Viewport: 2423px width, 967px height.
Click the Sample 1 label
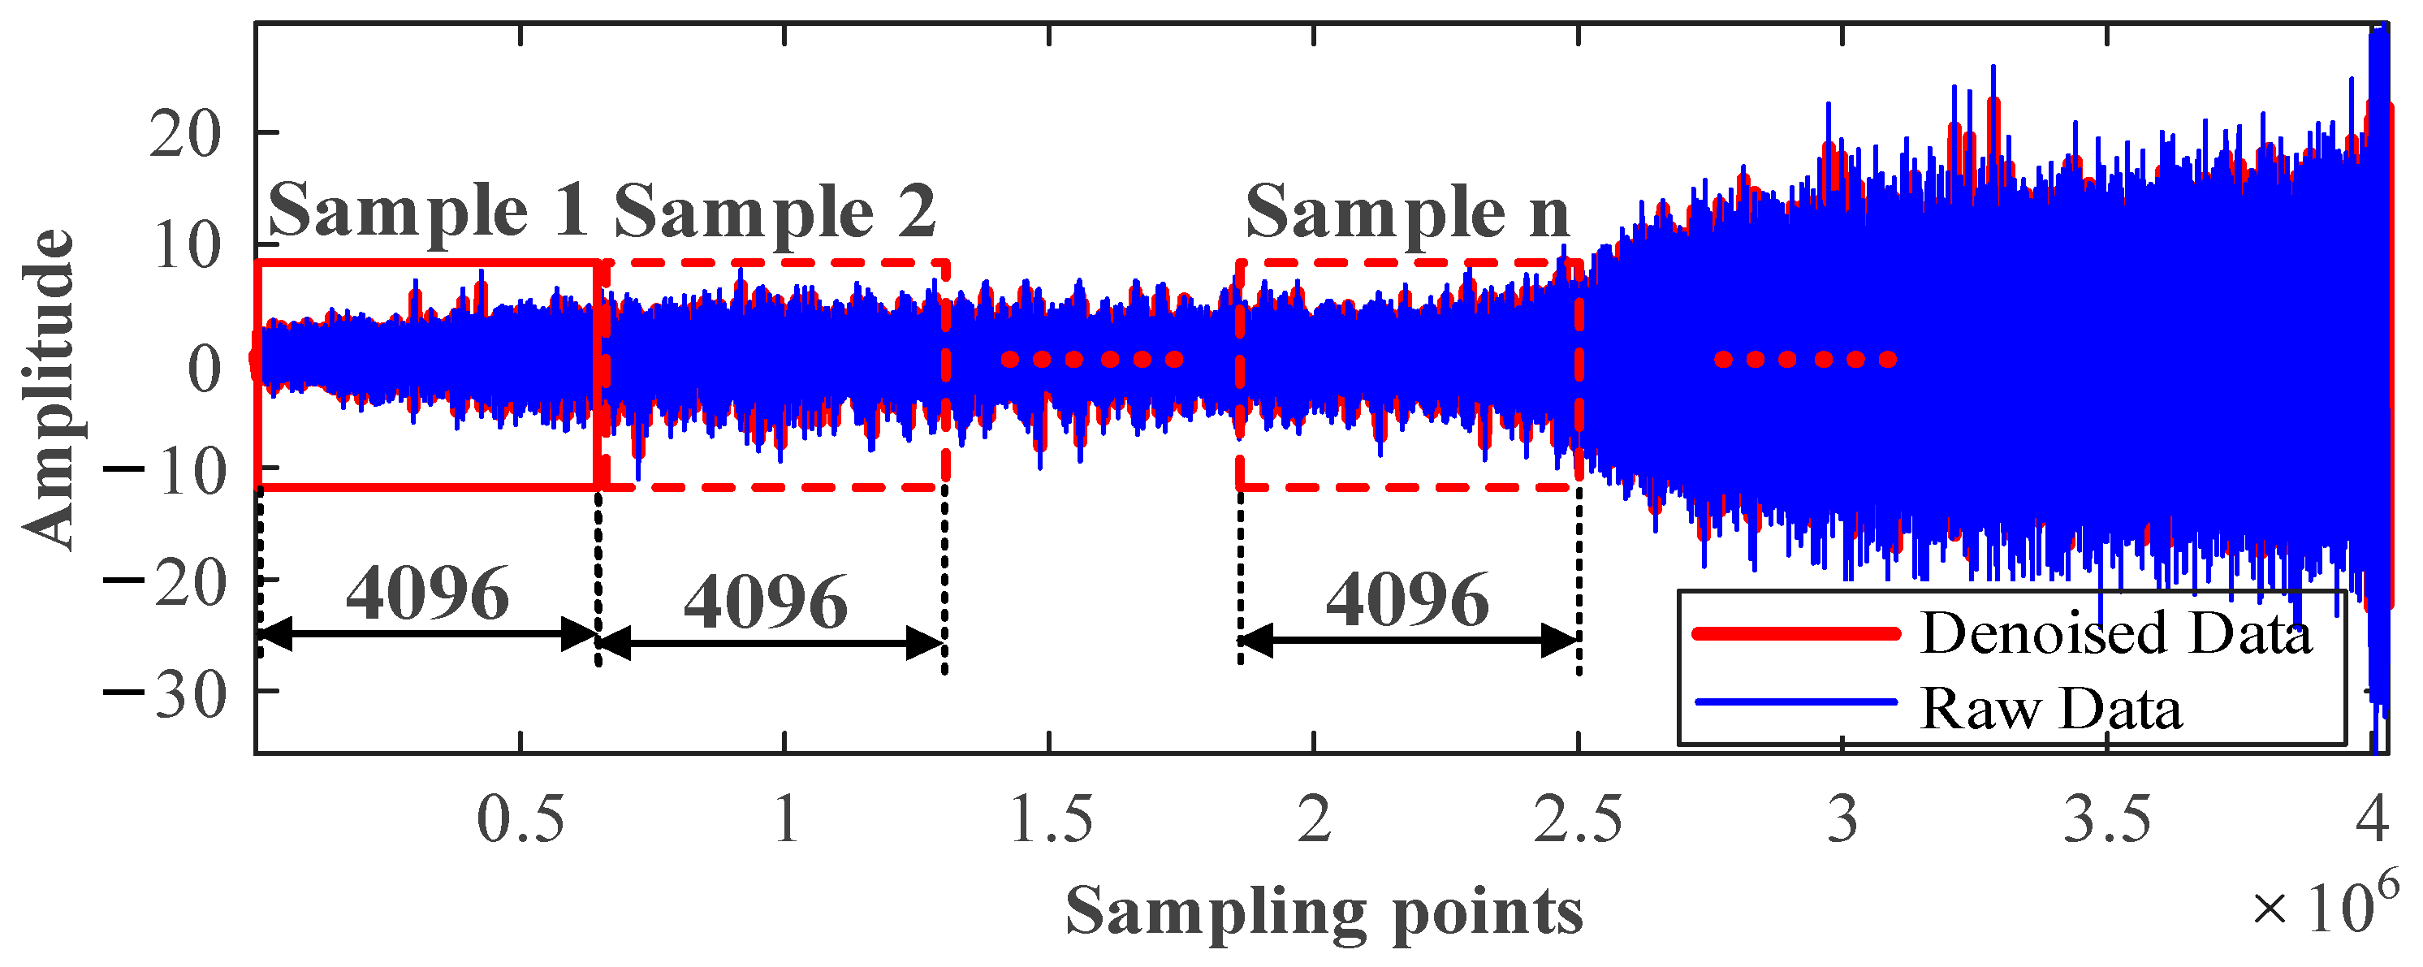click(x=429, y=211)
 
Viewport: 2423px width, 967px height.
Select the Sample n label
click(x=1407, y=213)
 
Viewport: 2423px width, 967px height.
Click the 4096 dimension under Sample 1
click(x=428, y=594)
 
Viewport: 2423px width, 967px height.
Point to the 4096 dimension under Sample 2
click(x=766, y=602)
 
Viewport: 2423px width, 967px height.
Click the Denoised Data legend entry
click(x=2114, y=633)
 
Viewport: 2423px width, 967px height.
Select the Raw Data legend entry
click(x=2050, y=708)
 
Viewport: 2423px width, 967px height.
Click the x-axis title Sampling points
click(x=1324, y=910)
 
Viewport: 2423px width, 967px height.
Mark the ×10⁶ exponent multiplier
click(x=2323, y=905)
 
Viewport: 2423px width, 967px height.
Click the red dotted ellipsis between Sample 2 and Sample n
click(x=1091, y=360)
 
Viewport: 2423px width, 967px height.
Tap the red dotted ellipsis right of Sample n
click(x=1804, y=360)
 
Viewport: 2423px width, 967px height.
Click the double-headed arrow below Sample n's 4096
click(x=1408, y=641)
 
